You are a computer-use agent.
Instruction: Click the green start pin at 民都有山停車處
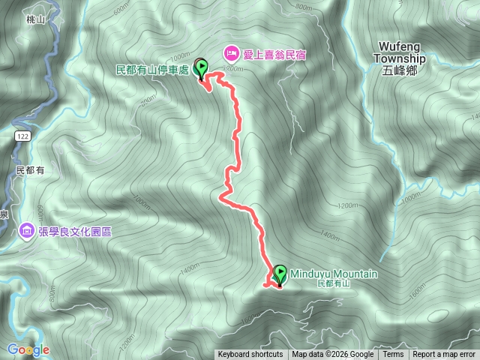(202, 68)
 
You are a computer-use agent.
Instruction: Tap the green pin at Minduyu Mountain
(280, 274)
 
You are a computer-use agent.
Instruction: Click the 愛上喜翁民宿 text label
(276, 54)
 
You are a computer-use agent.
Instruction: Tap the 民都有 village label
(30, 170)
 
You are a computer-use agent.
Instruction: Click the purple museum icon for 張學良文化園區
(28, 229)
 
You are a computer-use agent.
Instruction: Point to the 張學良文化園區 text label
(75, 231)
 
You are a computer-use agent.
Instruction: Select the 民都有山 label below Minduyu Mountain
(334, 284)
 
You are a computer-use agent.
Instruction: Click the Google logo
(28, 349)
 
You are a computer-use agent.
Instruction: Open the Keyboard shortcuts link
(250, 355)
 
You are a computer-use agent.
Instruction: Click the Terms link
(393, 355)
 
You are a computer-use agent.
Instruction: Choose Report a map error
(445, 355)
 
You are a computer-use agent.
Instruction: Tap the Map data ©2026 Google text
(332, 355)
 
